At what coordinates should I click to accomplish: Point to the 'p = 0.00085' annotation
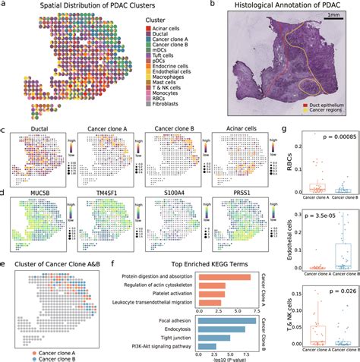pos(325,141)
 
